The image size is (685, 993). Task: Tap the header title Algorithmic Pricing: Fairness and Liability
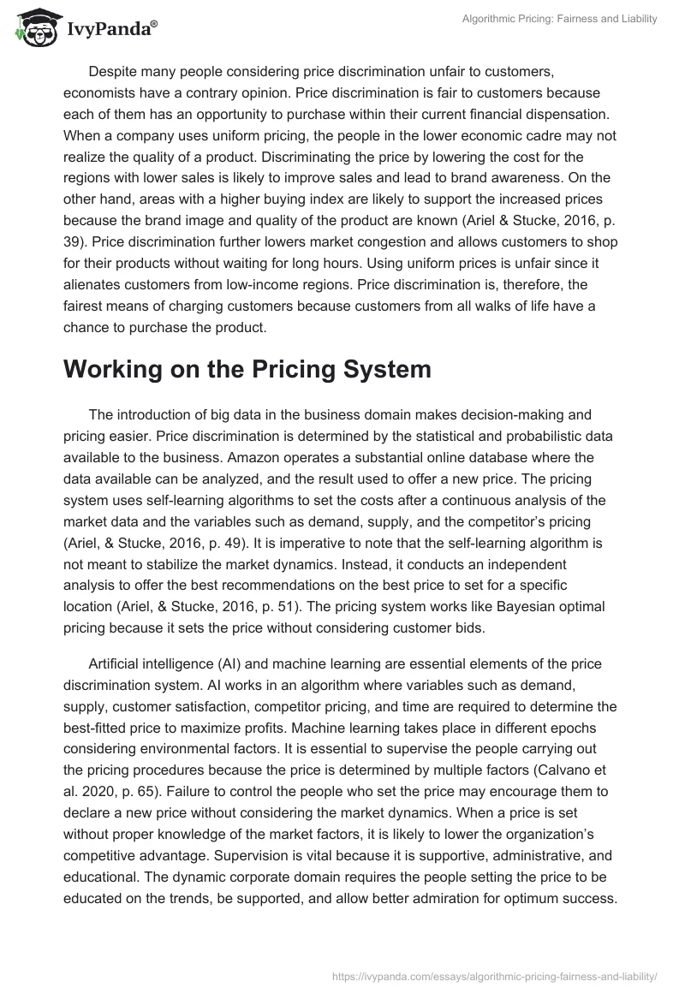point(558,19)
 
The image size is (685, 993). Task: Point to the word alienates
point(97,284)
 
